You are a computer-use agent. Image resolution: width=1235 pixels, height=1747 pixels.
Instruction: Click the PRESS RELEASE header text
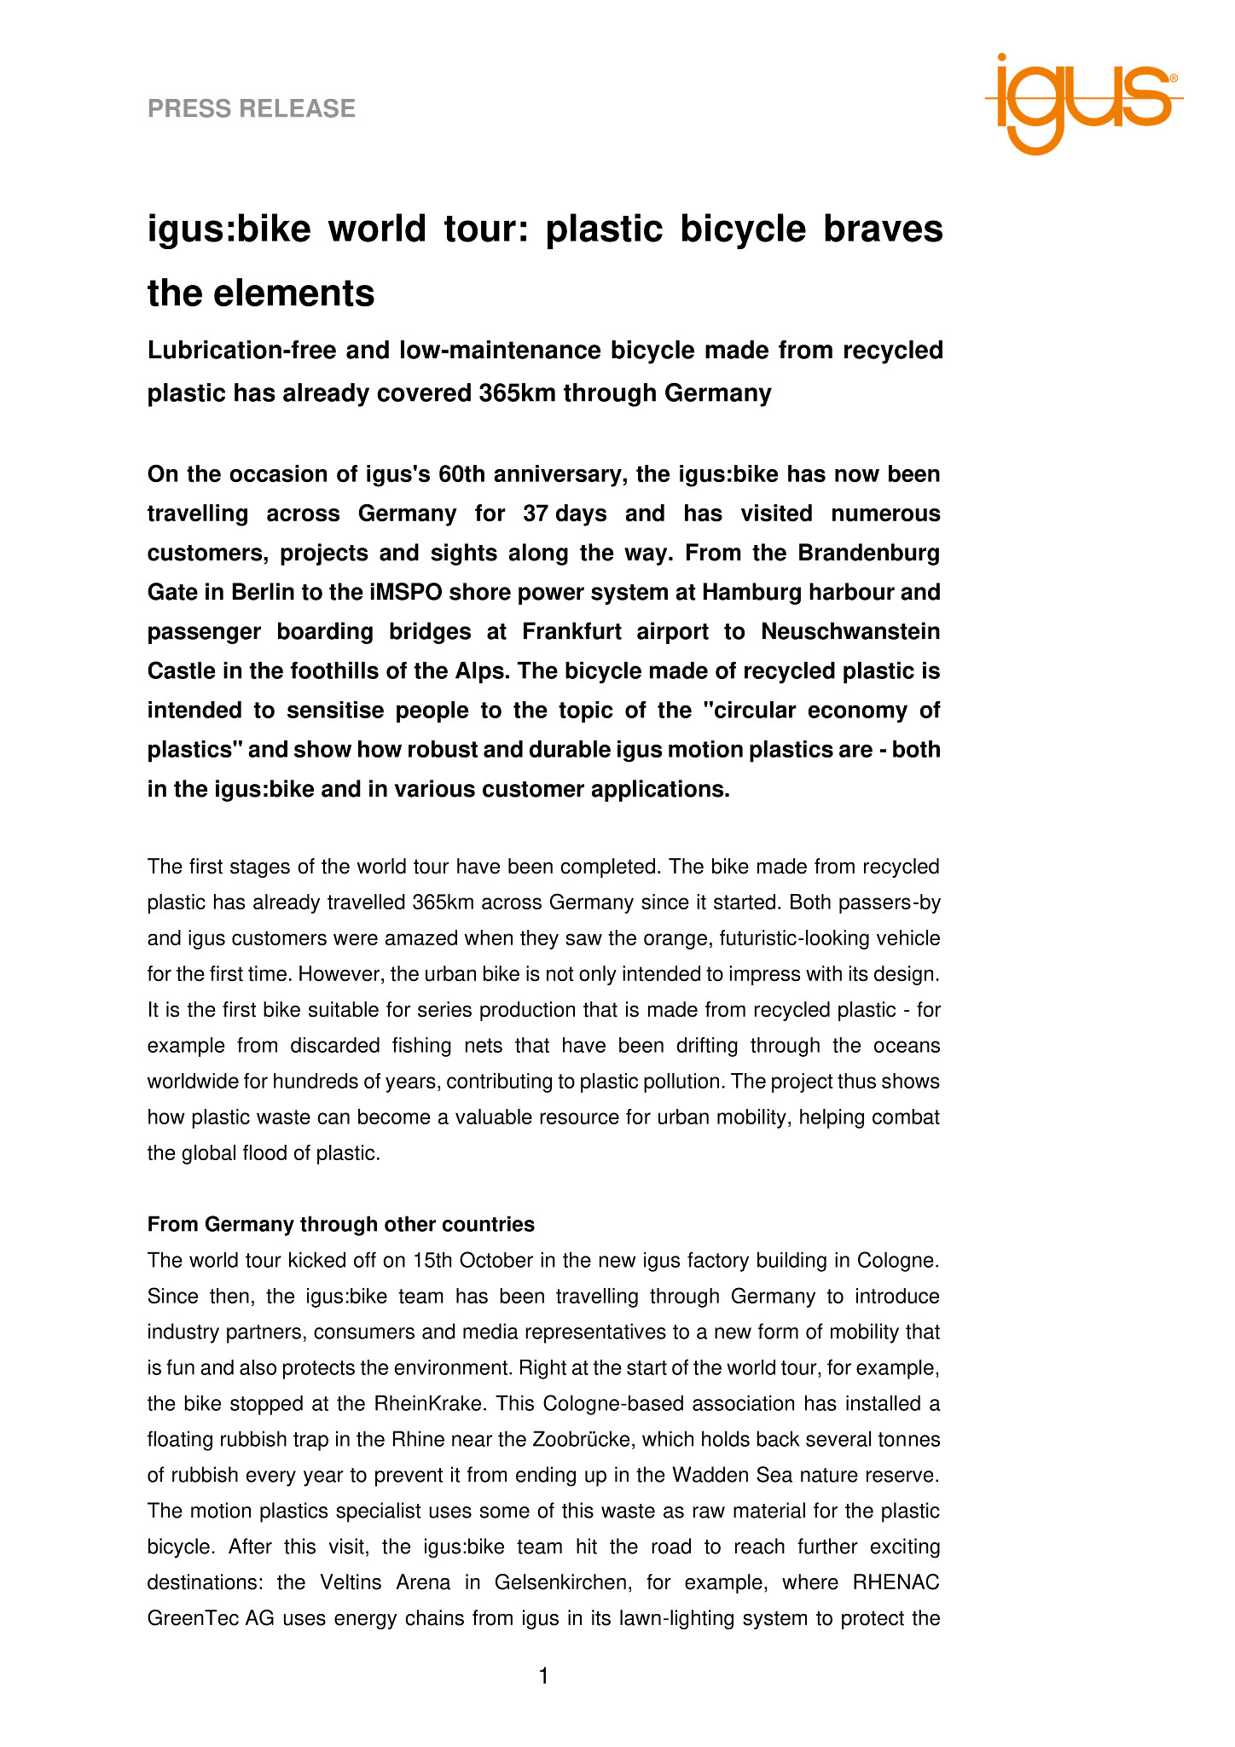252,108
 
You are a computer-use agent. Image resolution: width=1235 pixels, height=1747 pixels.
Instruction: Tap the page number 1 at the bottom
544,1676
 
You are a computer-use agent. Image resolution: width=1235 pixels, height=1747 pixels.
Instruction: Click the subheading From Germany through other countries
341,1225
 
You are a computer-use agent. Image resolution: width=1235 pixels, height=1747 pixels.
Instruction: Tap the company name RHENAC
896,1583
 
